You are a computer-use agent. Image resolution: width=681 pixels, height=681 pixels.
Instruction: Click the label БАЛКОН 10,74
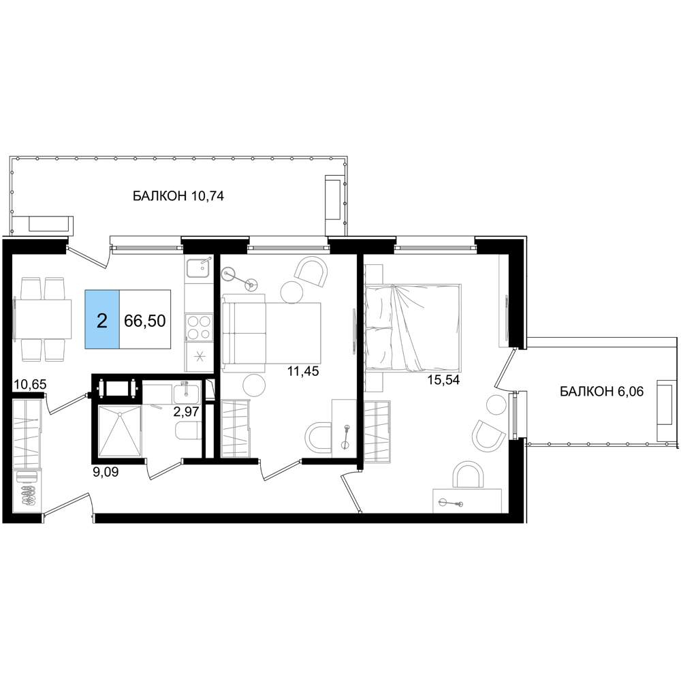pos(178,196)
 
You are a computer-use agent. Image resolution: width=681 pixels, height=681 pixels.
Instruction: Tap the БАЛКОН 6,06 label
pos(601,392)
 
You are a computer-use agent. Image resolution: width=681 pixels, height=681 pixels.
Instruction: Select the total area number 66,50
pos(144,321)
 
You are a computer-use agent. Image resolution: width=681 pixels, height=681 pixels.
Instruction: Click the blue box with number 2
pos(102,319)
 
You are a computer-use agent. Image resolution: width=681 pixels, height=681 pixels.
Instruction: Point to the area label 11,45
pos(303,371)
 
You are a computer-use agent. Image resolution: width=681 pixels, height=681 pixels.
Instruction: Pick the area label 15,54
pos(443,379)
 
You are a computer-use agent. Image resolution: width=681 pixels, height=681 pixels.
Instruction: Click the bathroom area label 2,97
pos(186,411)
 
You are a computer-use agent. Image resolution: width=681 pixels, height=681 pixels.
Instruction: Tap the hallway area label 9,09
pos(106,472)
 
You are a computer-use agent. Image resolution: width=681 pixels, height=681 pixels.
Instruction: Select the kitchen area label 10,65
pos(30,384)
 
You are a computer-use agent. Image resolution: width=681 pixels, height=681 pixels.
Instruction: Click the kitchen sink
pos(198,268)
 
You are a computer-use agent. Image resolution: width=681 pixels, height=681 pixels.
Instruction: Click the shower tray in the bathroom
pos(120,430)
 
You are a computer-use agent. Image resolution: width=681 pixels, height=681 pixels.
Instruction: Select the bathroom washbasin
pos(187,393)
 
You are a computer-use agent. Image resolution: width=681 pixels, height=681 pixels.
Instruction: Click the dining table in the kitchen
pos(44,319)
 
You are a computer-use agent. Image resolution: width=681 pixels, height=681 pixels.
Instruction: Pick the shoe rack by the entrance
pos(28,493)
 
